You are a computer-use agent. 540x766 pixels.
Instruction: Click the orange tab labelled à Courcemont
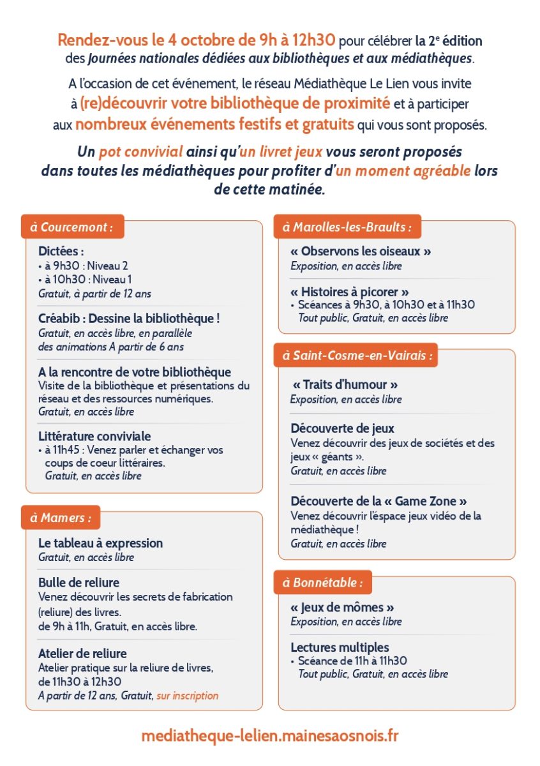[x=72, y=227]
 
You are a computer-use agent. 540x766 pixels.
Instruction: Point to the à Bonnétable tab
[x=323, y=582]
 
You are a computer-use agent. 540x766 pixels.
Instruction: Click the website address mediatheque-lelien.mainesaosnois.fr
[x=269, y=735]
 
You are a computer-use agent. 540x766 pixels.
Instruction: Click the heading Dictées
[x=61, y=252]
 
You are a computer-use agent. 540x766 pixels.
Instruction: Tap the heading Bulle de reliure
[x=79, y=582]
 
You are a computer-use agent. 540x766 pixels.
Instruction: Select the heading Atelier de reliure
[x=82, y=653]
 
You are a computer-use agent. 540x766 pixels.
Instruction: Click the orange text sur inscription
[x=188, y=695]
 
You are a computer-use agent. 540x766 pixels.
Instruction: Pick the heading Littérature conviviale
[x=94, y=436]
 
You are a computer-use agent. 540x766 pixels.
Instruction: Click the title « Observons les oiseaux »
[x=361, y=252]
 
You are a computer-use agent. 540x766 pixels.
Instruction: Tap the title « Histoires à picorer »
[x=350, y=292]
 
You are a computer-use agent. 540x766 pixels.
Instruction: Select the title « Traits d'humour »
[x=345, y=385]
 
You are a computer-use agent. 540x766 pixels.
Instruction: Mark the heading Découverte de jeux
[x=342, y=428]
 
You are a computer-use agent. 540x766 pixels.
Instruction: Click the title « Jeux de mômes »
[x=342, y=607]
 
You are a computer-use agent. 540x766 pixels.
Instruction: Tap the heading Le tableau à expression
[x=100, y=543]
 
